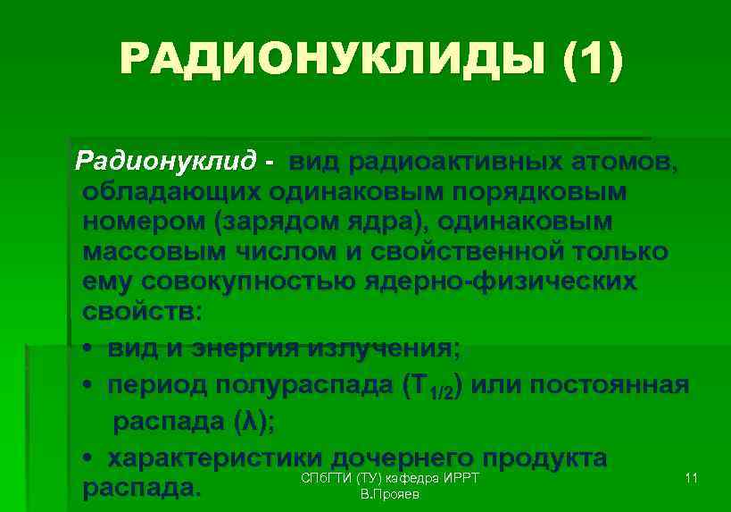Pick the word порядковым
[x=545, y=192]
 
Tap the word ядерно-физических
[x=500, y=281]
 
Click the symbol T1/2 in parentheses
[x=432, y=387]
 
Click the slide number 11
[x=691, y=480]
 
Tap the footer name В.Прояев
[x=384, y=494]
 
